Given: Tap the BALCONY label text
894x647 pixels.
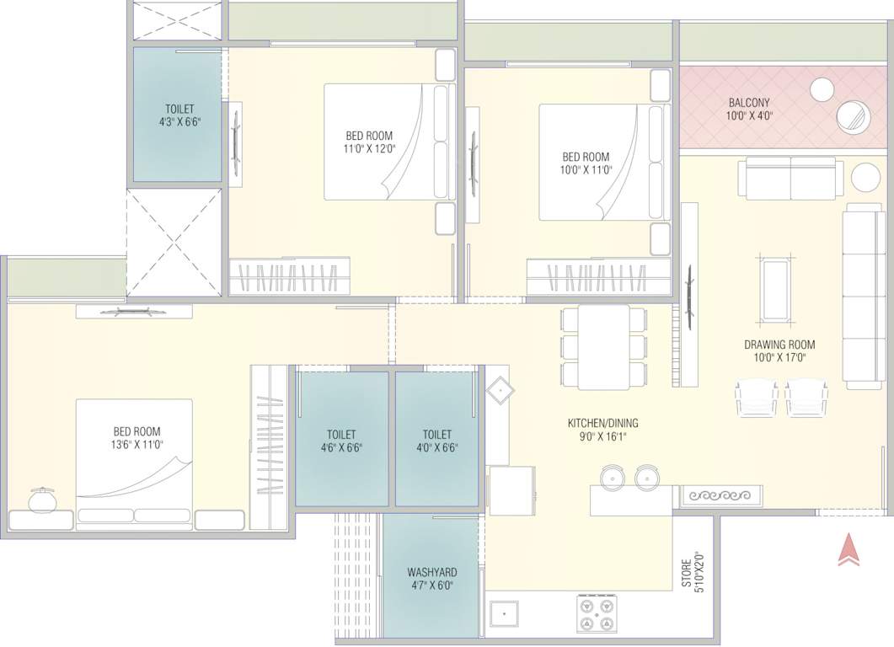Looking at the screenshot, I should (749, 103).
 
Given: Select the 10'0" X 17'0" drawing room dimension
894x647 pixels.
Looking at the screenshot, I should (779, 357).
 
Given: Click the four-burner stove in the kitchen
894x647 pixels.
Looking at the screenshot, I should (598, 614).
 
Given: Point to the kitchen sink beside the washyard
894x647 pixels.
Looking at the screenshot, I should (506, 614).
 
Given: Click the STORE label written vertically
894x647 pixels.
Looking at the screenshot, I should (687, 573).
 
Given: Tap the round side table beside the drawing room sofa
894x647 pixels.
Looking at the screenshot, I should (865, 178).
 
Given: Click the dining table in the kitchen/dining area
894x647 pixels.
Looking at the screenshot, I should (604, 346).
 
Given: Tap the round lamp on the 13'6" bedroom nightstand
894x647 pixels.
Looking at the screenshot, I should (40, 500).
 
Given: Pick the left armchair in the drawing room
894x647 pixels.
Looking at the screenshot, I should (756, 397).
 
